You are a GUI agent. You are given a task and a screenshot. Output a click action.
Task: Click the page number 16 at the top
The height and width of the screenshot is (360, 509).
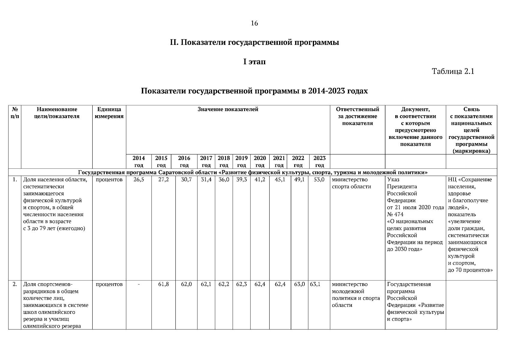click(x=254, y=23)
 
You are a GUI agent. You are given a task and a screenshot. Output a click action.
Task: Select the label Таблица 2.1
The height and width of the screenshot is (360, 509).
click(x=453, y=72)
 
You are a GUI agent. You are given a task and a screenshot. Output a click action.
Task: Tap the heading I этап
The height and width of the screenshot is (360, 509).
click(x=254, y=62)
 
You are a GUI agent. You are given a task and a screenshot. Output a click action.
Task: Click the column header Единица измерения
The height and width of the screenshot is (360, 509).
click(x=109, y=113)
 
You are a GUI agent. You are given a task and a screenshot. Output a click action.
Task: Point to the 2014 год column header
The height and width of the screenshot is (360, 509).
click(x=139, y=161)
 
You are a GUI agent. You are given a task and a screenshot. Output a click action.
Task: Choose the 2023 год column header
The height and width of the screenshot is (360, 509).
click(x=319, y=161)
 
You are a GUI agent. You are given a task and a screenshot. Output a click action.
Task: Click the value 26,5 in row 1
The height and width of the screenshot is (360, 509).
click(x=139, y=180)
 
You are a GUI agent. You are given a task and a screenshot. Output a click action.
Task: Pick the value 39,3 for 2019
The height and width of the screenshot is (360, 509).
click(x=241, y=180)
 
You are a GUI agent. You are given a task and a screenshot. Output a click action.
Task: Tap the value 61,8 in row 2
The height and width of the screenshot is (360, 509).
click(x=163, y=284)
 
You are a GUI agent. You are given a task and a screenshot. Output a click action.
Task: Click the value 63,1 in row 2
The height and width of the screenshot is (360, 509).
click(x=315, y=284)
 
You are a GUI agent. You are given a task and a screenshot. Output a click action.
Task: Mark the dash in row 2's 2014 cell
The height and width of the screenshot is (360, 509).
click(x=139, y=284)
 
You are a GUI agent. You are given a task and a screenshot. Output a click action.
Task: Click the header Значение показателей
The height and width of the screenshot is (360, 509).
click(x=228, y=109)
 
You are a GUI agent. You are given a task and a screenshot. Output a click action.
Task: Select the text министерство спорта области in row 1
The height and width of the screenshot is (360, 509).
click(x=351, y=183)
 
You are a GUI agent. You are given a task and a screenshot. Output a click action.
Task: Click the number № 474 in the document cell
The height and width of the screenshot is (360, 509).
click(x=395, y=214)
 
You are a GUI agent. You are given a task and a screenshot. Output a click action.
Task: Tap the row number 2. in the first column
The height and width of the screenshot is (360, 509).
click(x=15, y=284)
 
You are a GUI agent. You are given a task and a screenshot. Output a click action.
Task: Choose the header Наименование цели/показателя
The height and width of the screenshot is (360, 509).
click(x=57, y=113)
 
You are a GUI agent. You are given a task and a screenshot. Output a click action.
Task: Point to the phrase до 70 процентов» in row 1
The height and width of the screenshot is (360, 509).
click(x=470, y=270)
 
